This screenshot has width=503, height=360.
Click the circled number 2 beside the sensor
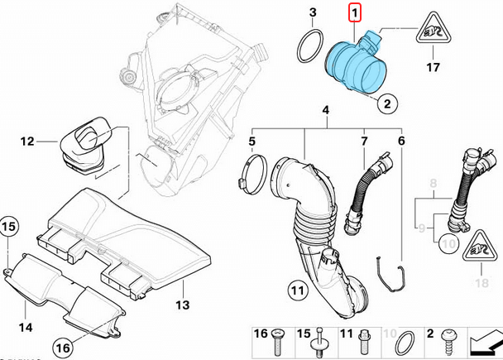(x=385, y=104)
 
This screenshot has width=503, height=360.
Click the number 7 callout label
(x=363, y=142)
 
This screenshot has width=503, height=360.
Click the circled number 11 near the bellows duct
(x=298, y=290)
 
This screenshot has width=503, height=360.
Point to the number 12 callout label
(x=27, y=142)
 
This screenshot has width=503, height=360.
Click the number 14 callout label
(x=26, y=328)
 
